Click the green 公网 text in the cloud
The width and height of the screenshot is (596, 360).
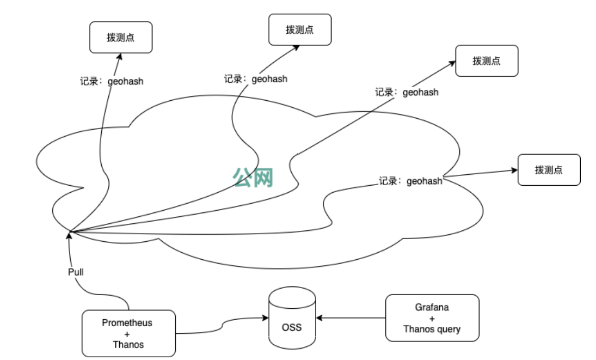tap(253, 177)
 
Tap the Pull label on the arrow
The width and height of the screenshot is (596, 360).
tap(76, 272)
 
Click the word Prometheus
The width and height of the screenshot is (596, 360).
tap(127, 323)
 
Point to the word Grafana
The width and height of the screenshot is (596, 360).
tap(432, 307)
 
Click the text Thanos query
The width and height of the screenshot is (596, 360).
tap(432, 329)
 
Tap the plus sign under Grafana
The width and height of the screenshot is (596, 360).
tap(432, 318)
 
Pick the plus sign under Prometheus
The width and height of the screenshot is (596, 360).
tap(127, 333)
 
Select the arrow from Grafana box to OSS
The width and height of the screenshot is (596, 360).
tap(351, 317)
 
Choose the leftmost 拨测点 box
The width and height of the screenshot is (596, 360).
tap(121, 38)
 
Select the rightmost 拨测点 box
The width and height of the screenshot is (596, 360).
tap(549, 170)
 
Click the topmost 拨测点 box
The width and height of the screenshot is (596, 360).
tap(299, 29)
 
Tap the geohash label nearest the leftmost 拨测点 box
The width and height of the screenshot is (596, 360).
tap(112, 82)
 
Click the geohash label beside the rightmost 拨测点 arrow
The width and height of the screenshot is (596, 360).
tap(410, 181)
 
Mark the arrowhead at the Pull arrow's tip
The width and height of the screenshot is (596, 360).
tap(69, 235)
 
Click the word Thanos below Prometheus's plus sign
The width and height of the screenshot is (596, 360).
tap(127, 344)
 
